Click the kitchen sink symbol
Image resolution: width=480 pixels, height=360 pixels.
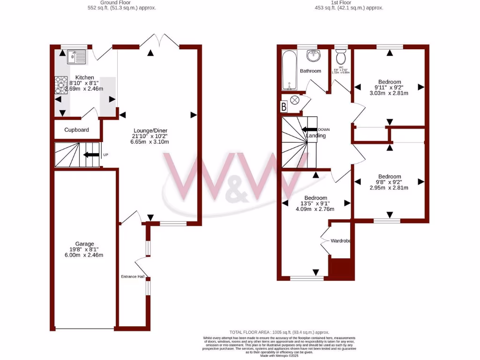click(76, 57)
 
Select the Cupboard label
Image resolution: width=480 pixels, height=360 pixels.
click(76, 130)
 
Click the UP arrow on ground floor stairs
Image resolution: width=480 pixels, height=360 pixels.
click(91, 155)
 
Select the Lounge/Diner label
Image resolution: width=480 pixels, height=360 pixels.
click(150, 131)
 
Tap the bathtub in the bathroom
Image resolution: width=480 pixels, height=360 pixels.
click(288, 70)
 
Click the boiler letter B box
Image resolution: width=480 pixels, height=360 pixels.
click(283, 107)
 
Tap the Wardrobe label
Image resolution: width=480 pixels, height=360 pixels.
click(341, 241)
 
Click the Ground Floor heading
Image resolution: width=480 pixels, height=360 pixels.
click(122, 3)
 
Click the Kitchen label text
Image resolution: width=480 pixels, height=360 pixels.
click(85, 78)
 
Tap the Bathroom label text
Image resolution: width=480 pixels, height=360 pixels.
click(311, 71)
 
